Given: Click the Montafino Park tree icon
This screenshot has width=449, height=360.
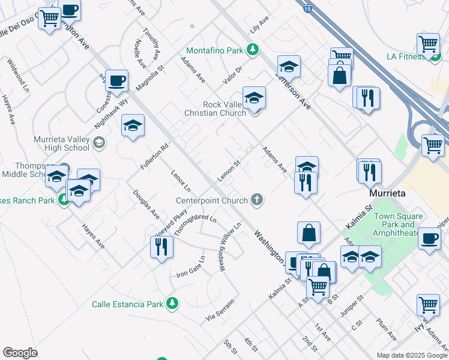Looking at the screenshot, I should tap(253, 49).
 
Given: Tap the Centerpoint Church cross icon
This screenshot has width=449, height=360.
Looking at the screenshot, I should tap(257, 200).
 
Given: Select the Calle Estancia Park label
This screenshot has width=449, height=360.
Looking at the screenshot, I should tap(127, 304).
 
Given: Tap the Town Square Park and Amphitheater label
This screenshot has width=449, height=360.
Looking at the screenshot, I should tap(398, 224).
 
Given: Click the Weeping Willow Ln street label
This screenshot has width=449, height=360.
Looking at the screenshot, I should tap(229, 247).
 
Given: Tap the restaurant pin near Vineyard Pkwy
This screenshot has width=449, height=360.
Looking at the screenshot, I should tap(161, 247).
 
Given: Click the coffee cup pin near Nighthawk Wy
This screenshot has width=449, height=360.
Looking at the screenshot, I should tap(116, 80).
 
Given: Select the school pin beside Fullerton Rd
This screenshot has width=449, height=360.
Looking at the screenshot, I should tap(133, 125).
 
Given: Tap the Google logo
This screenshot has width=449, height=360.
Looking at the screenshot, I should tap(20, 353).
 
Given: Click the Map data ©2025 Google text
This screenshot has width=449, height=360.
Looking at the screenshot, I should tap(411, 355).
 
